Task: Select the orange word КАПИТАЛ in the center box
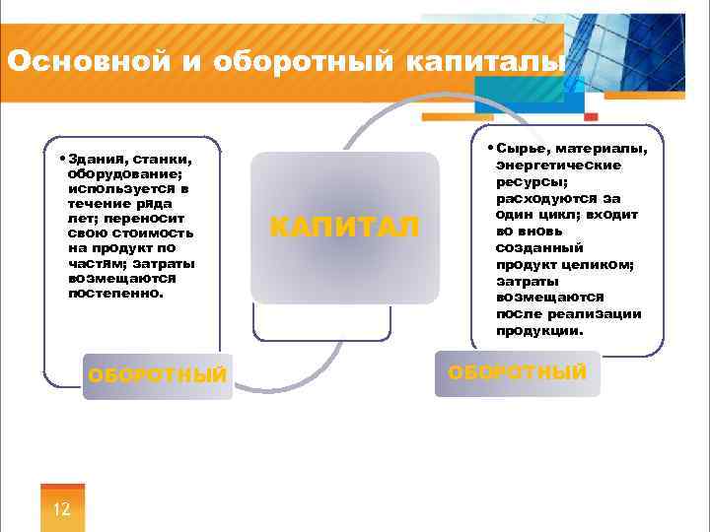pyautogui.click(x=344, y=228)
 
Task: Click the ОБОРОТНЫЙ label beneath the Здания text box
pyautogui.click(x=158, y=375)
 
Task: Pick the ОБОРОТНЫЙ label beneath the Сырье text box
pyautogui.click(x=518, y=372)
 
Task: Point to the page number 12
pyautogui.click(x=61, y=509)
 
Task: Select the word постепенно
pyautogui.click(x=115, y=293)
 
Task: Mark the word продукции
pyautogui.click(x=539, y=330)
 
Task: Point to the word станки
pyautogui.click(x=163, y=159)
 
